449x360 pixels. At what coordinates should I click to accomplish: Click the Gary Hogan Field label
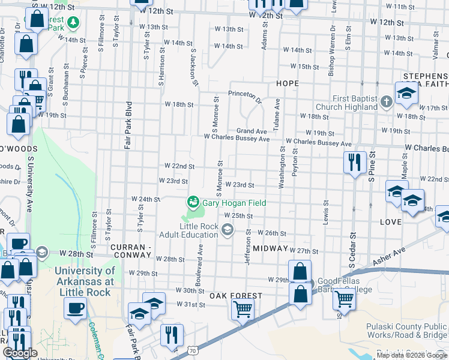pos(234,203)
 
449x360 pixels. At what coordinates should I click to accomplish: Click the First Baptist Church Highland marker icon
pos(386,103)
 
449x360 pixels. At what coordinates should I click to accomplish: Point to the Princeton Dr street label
pos(245,95)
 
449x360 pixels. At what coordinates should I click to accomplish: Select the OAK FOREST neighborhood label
pos(235,296)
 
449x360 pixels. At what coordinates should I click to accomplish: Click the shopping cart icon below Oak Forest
pos(243,309)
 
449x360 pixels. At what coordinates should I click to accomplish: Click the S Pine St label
pos(372,170)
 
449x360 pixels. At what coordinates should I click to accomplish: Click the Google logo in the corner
pos(20,353)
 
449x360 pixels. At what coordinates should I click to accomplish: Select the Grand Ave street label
pos(251,131)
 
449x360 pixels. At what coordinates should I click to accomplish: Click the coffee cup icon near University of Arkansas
pos(76,308)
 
